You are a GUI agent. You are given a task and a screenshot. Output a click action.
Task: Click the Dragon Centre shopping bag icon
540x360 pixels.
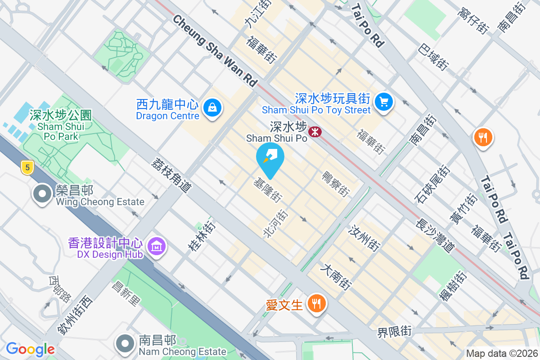pyautogui.click(x=211, y=107)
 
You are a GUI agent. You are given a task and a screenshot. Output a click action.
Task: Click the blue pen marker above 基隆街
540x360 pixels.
pyautogui.click(x=270, y=158)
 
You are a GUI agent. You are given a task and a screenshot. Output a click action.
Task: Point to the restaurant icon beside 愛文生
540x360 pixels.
pyautogui.click(x=317, y=303)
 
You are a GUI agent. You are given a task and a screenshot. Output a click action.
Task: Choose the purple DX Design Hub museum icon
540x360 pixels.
pyautogui.click(x=157, y=246)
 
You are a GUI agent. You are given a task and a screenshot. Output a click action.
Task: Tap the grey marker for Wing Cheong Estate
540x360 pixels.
pyautogui.click(x=43, y=194)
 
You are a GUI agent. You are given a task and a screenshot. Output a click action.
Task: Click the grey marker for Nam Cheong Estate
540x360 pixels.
pyautogui.click(x=125, y=343)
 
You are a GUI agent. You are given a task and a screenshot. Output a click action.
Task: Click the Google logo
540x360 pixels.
pyautogui.click(x=30, y=349)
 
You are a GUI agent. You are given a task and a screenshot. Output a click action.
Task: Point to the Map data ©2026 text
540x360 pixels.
pyautogui.click(x=501, y=354)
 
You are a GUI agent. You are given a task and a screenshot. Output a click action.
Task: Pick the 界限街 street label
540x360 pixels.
pyautogui.click(x=395, y=332)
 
